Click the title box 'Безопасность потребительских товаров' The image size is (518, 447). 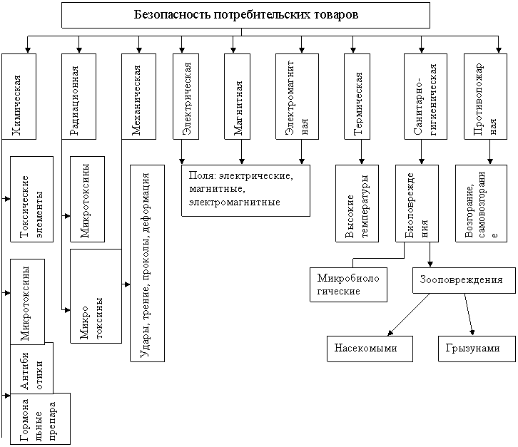click(245, 15)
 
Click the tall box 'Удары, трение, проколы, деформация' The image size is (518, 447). click(148, 264)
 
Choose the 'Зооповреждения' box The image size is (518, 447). click(463, 280)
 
